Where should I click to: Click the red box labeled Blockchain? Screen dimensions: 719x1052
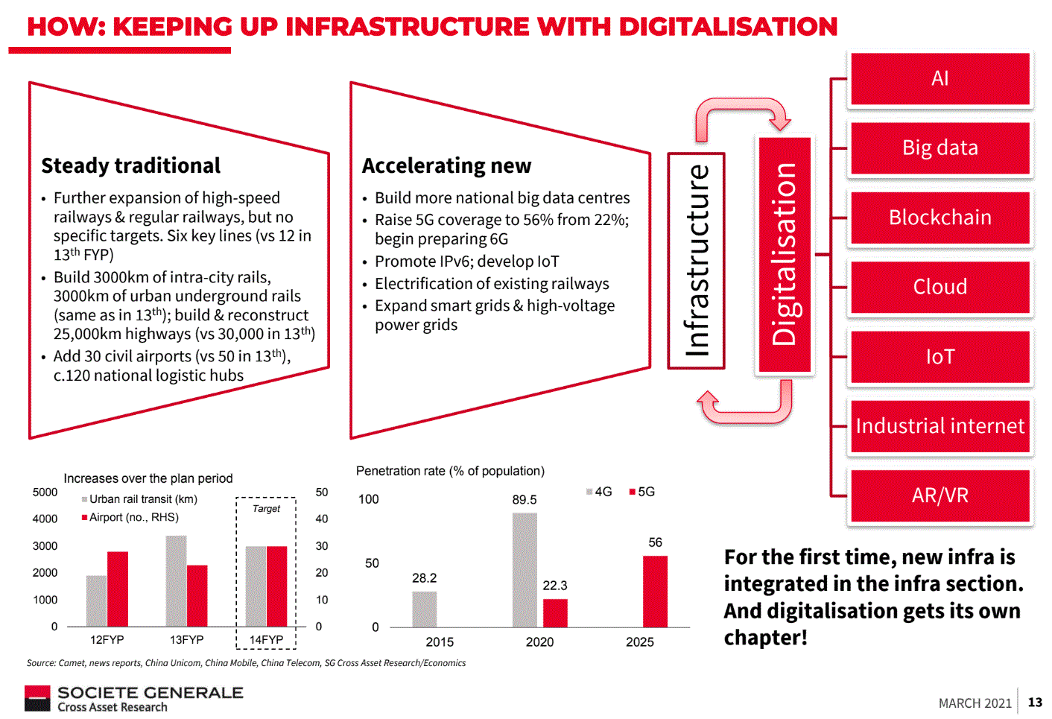coord(939,218)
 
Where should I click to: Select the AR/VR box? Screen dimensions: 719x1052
coord(939,495)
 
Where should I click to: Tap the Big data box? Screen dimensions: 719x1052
coord(939,148)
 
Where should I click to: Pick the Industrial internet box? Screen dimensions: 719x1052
coord(939,426)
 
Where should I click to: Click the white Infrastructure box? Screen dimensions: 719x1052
coord(697,261)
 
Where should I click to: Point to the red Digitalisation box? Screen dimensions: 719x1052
coord(785,255)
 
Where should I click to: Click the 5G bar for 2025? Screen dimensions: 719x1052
coord(655,592)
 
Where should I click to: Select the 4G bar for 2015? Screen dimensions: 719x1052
coord(425,609)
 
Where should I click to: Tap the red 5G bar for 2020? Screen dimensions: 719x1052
coord(555,613)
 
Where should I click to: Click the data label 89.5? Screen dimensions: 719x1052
coord(525,500)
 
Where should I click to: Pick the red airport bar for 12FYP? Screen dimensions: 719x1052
coord(118,589)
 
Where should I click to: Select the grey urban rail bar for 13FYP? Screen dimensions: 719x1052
coord(177,581)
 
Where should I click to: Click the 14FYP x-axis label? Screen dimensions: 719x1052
coord(266,640)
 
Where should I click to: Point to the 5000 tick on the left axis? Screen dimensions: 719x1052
coord(45,492)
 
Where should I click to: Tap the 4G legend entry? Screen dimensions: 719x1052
coord(600,492)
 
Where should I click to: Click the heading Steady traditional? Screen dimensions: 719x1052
coord(131,165)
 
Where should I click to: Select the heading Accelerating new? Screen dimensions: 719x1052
coord(446,165)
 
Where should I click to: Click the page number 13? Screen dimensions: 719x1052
coord(1035,702)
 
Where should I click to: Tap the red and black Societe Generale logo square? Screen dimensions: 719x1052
coord(37,698)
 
